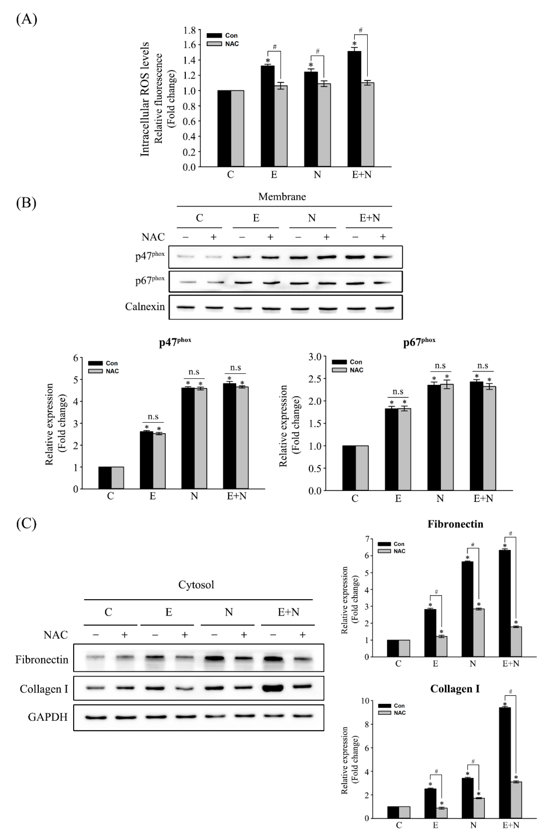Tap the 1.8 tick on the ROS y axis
click(189, 30)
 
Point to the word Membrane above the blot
click(282, 197)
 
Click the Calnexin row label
click(145, 307)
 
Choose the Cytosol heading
click(196, 585)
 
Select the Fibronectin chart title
click(455, 524)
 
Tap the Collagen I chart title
click(455, 689)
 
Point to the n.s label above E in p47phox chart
click(153, 417)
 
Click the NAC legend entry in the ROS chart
click(231, 44)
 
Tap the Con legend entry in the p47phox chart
click(111, 363)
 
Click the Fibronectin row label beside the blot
click(42, 660)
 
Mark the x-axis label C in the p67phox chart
click(355, 499)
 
